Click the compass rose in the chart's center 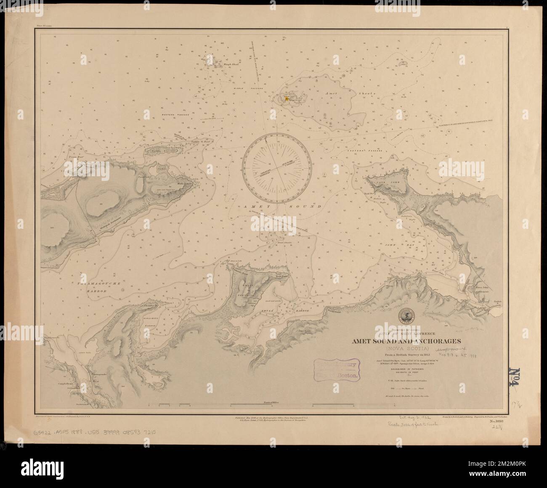(279, 167)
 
